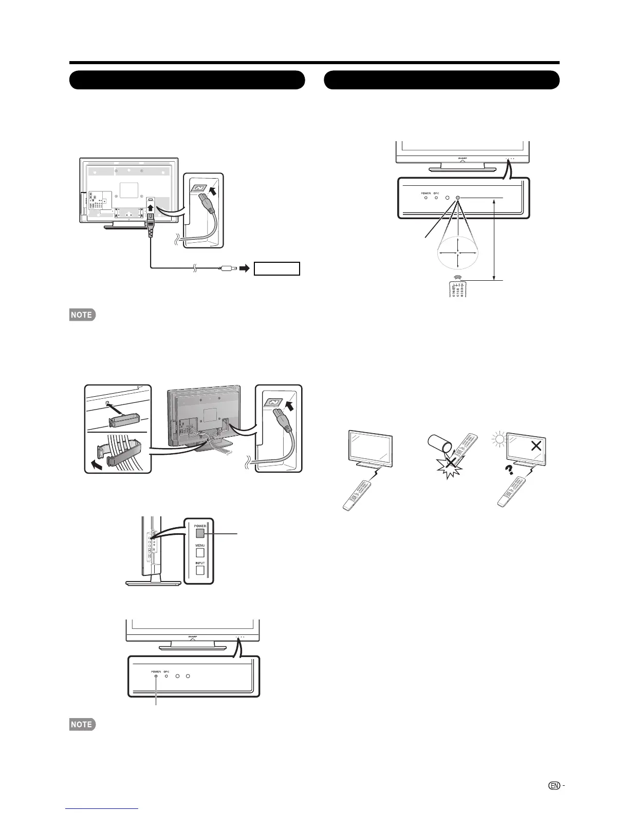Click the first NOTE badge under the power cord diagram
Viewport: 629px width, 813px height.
(x=83, y=315)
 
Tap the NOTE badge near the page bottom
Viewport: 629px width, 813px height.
(x=83, y=724)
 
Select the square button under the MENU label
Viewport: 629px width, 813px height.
(x=200, y=553)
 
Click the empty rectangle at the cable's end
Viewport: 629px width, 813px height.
(x=277, y=268)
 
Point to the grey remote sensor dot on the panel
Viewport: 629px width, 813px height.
(x=457, y=198)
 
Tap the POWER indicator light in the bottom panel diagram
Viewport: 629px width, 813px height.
(x=156, y=676)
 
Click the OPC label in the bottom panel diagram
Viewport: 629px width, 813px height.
(x=166, y=671)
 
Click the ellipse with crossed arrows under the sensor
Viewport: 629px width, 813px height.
(x=457, y=253)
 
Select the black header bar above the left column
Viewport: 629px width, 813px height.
(x=187, y=80)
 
